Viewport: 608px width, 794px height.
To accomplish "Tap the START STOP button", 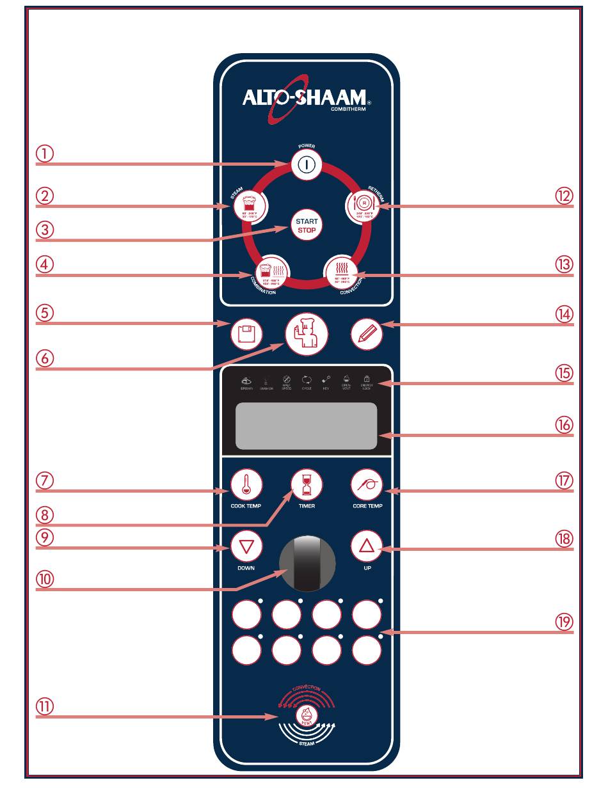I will coord(306,225).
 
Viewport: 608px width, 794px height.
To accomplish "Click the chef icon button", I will coord(306,334).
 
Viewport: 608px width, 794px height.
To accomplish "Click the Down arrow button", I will coord(246,548).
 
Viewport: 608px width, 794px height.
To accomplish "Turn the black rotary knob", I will coord(306,564).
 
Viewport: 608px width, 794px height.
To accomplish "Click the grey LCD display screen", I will coord(306,426).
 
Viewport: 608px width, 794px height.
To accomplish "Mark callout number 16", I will coord(564,425).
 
